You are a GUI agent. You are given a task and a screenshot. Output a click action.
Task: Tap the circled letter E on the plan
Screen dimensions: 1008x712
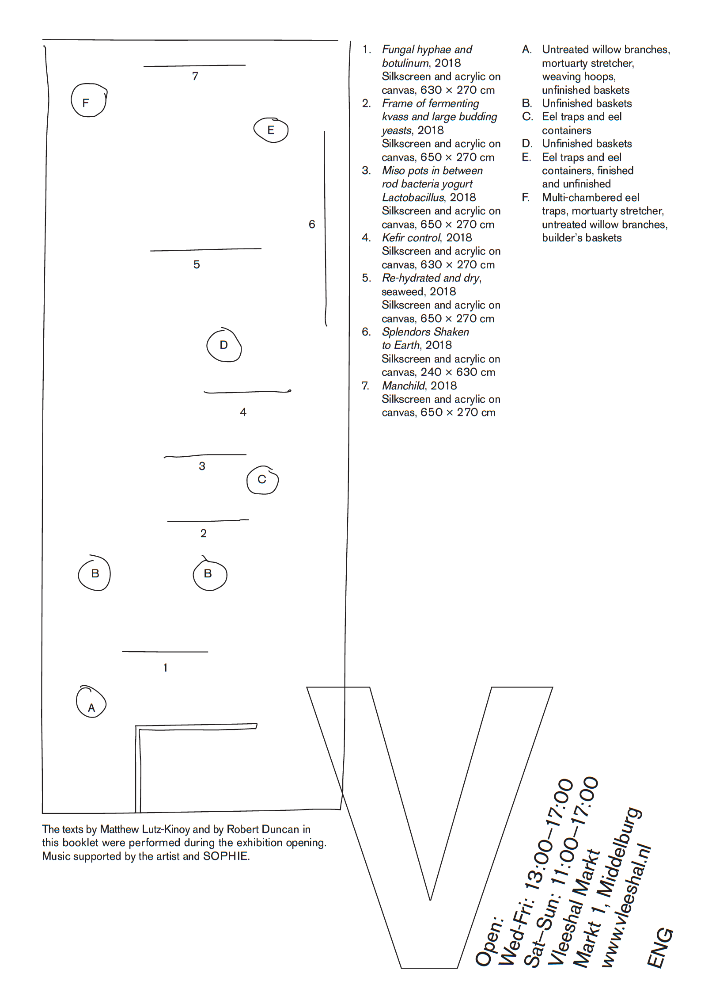point(271,130)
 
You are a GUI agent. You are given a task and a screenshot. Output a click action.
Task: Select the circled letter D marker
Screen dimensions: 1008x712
point(224,345)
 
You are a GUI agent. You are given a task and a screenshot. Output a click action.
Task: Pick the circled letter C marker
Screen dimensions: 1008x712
point(262,480)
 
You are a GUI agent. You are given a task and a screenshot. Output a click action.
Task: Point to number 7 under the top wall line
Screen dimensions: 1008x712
point(195,76)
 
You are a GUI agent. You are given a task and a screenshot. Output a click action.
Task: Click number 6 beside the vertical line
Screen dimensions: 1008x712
point(312,225)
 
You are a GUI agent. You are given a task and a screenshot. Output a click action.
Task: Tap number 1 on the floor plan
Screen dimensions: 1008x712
point(165,668)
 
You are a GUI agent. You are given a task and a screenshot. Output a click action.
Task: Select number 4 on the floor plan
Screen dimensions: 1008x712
point(243,412)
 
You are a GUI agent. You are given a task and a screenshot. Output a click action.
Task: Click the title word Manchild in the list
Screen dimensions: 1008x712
point(403,386)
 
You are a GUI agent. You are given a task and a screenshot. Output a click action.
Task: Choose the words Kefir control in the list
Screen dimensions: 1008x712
point(411,238)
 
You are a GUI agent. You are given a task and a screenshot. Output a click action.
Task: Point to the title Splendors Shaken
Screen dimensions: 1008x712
point(425,332)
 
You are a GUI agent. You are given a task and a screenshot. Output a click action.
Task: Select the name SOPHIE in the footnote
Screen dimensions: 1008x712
point(225,856)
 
